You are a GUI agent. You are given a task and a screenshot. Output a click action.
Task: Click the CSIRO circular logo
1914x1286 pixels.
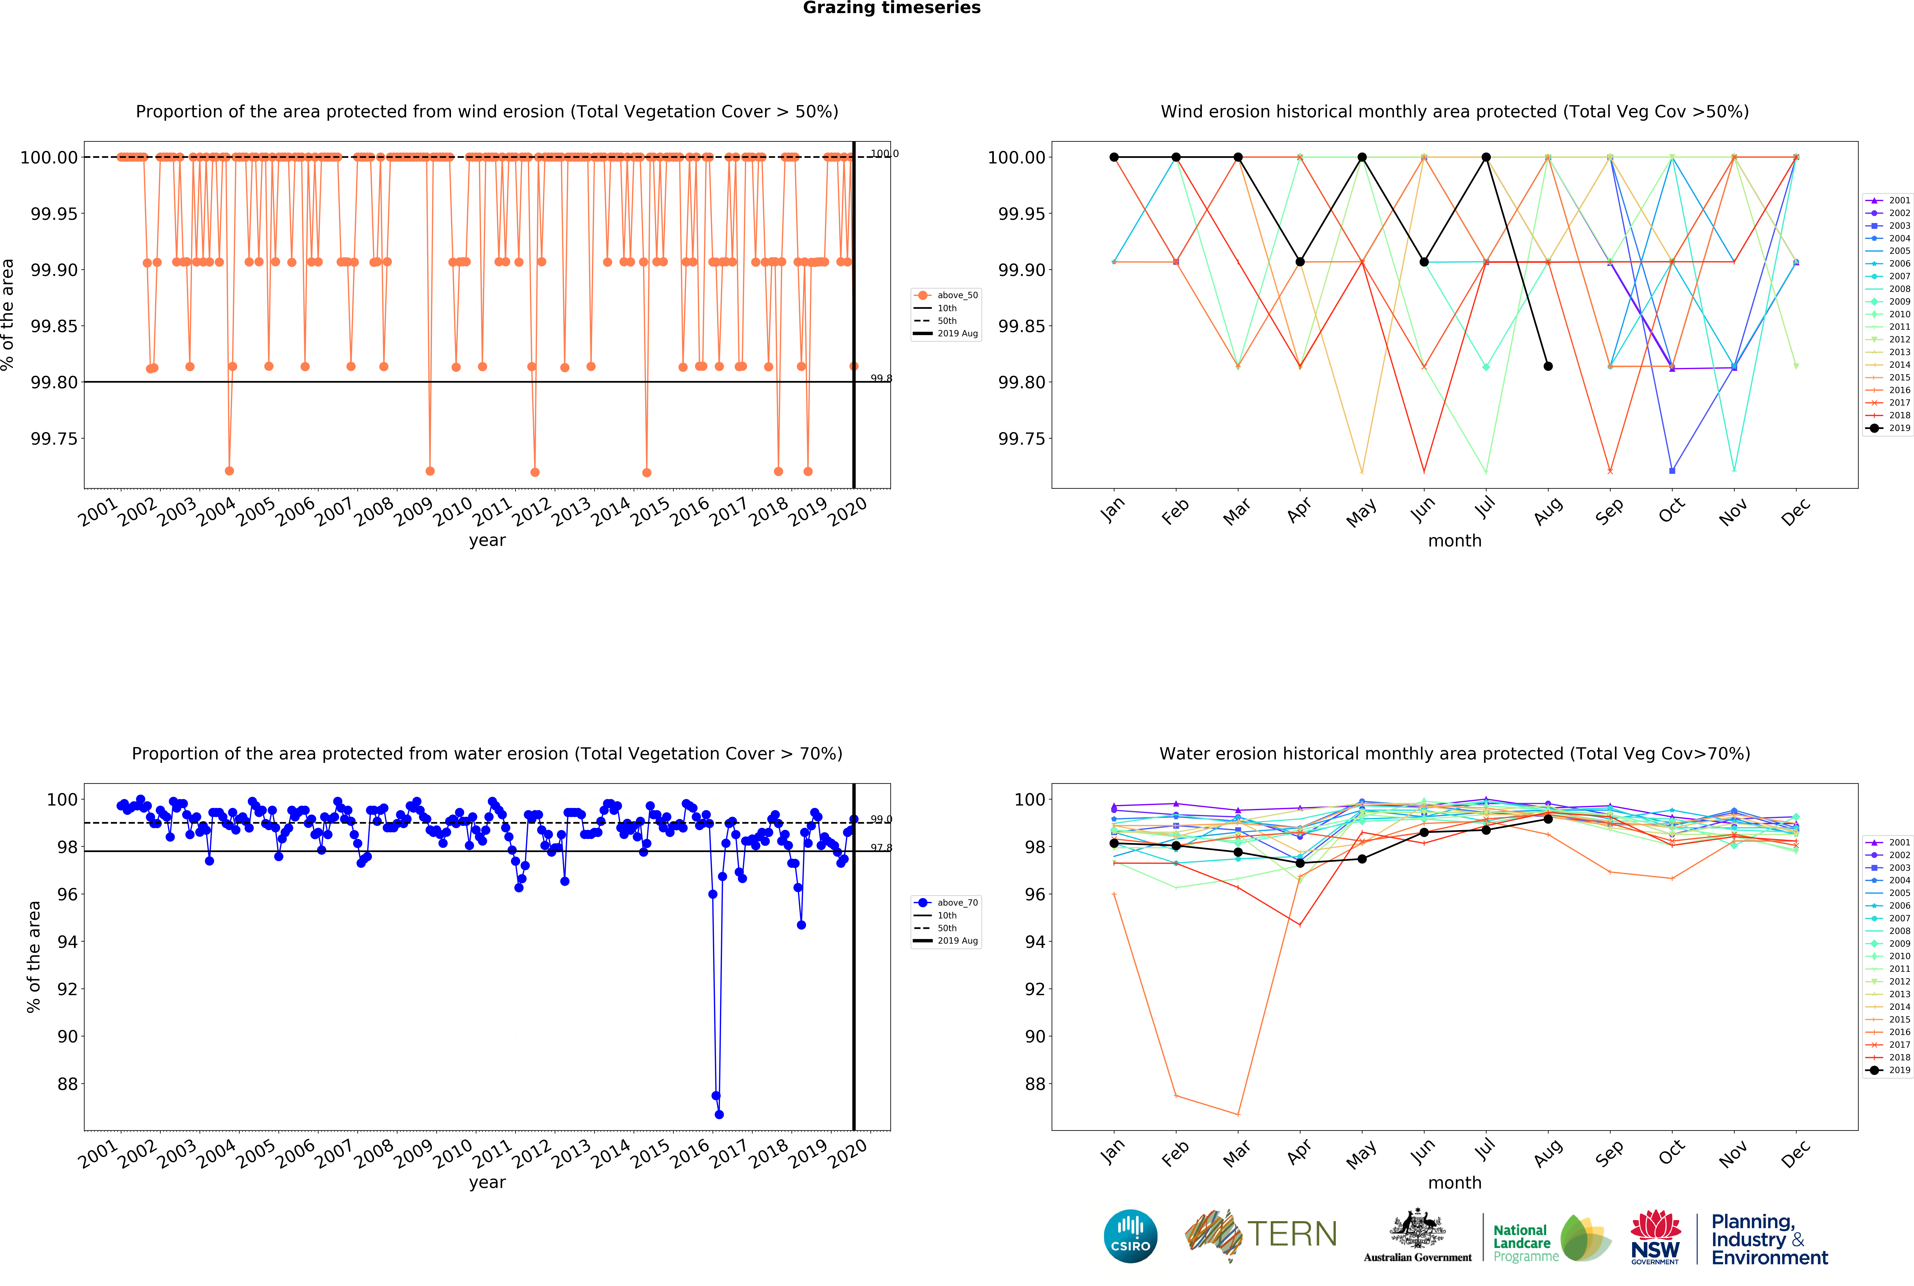point(1131,1236)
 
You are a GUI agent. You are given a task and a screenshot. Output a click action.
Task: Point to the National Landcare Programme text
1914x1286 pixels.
point(1524,1243)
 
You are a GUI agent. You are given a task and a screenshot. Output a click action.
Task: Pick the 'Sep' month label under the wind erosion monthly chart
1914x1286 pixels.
point(1609,511)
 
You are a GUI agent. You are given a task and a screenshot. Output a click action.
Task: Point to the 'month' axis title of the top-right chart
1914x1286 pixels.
point(1455,540)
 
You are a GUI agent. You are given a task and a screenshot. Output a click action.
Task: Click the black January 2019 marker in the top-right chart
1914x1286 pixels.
point(1114,157)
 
